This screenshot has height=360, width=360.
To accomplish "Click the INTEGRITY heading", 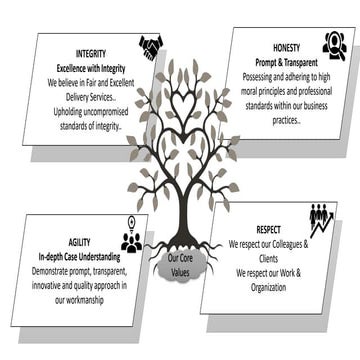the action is pyautogui.click(x=92, y=52).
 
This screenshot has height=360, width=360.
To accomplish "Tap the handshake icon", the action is pyautogui.click(x=152, y=47).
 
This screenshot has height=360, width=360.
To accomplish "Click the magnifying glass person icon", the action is pyautogui.click(x=334, y=45).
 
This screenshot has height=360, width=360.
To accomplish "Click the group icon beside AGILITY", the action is pyautogui.click(x=131, y=238).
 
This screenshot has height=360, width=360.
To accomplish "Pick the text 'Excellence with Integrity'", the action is pyautogui.click(x=91, y=66).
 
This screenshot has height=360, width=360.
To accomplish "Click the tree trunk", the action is pyautogui.click(x=179, y=215).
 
